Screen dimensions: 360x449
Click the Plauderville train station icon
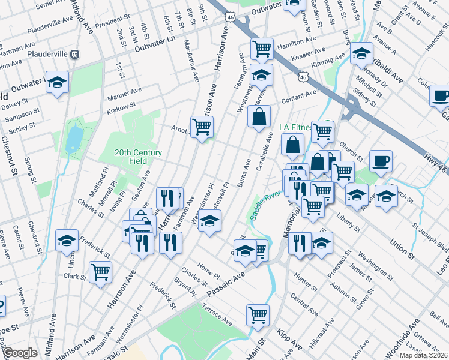tap(75, 53)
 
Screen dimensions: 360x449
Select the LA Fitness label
tap(295, 127)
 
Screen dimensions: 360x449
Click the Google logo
tap(19, 353)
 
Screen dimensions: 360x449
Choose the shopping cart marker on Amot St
tap(202, 127)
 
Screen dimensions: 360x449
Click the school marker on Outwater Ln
tap(57, 82)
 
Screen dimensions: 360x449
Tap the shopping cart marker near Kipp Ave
tap(258, 314)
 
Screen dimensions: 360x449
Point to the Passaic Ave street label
tap(225, 283)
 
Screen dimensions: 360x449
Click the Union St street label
tap(403, 247)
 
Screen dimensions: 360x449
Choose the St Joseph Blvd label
tap(429, 237)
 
